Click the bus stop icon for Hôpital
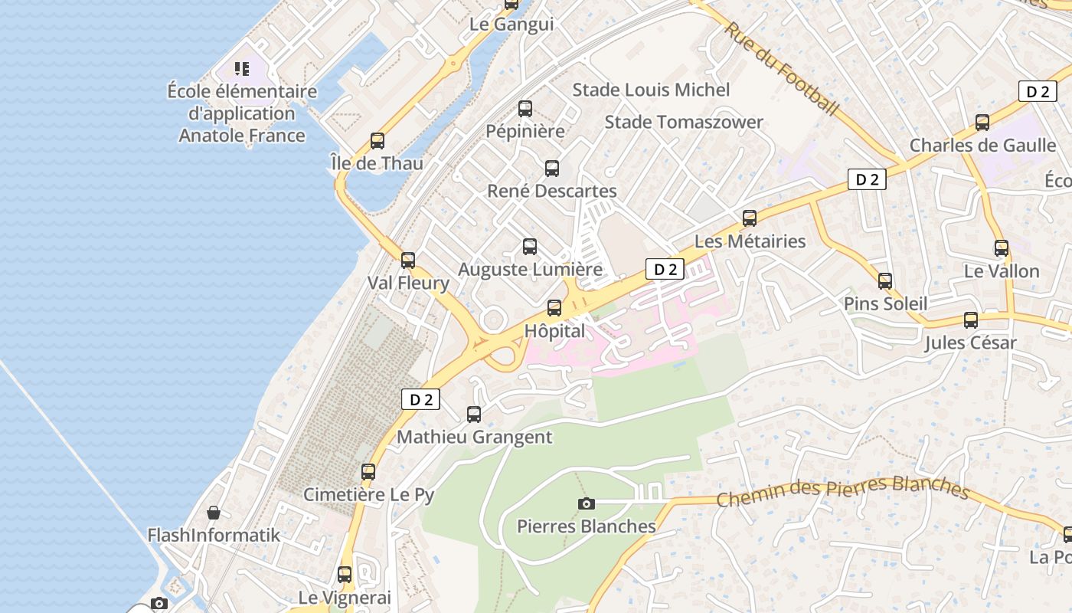(x=554, y=308)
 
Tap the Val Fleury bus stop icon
(x=408, y=260)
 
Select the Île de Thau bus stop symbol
(x=377, y=140)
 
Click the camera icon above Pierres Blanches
(x=587, y=503)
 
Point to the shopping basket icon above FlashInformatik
(x=214, y=512)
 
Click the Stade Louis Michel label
(x=651, y=90)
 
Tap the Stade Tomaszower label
(x=684, y=122)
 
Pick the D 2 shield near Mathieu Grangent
(x=420, y=399)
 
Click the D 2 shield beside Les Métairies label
(x=664, y=269)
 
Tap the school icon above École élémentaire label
(x=242, y=69)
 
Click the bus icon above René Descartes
(x=551, y=168)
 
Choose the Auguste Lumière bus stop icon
(x=529, y=246)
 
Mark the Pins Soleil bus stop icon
(x=885, y=280)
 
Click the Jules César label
(x=970, y=343)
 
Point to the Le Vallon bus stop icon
(x=1001, y=247)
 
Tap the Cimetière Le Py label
(x=368, y=494)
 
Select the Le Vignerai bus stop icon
(x=345, y=574)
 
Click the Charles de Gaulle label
(x=982, y=145)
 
